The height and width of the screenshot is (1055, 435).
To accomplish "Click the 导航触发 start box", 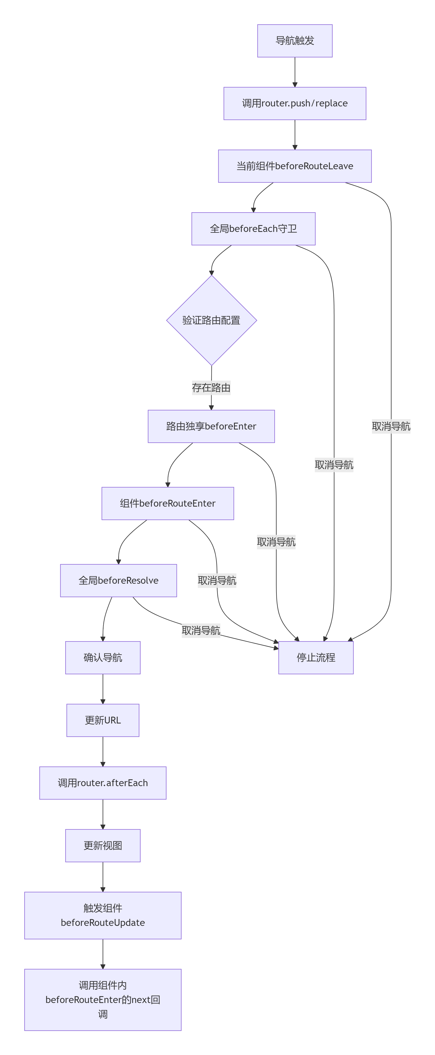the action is tap(294, 41).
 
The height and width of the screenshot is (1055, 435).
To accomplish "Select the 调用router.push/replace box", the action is tap(294, 103).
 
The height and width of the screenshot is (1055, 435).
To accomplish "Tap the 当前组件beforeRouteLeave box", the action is tap(294, 166).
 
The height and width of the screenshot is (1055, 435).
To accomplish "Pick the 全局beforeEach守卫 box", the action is tap(253, 229).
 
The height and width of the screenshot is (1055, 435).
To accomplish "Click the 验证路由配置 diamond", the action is tap(211, 320).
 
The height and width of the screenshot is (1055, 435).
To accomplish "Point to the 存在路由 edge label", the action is tap(211, 387).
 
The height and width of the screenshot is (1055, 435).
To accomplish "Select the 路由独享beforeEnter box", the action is tap(211, 426).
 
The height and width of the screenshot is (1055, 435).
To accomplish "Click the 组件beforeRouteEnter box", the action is tap(167, 503).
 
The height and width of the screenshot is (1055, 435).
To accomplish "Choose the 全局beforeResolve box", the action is tap(118, 580).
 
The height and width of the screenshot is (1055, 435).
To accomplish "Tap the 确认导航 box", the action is tap(103, 657).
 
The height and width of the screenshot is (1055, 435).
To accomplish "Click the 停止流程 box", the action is tap(316, 657).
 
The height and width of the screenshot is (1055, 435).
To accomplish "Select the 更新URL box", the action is tap(103, 720).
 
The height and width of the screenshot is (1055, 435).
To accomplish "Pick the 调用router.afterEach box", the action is tap(103, 783).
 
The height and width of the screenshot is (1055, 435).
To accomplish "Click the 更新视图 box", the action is tap(103, 845).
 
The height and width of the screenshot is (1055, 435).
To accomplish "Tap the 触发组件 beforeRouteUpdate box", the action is tap(103, 915).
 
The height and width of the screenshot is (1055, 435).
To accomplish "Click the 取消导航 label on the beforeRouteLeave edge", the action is tap(391, 426).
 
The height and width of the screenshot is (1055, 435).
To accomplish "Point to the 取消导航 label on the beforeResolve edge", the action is tap(201, 630).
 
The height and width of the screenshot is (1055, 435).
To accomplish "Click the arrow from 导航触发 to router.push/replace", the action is tap(294, 72).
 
